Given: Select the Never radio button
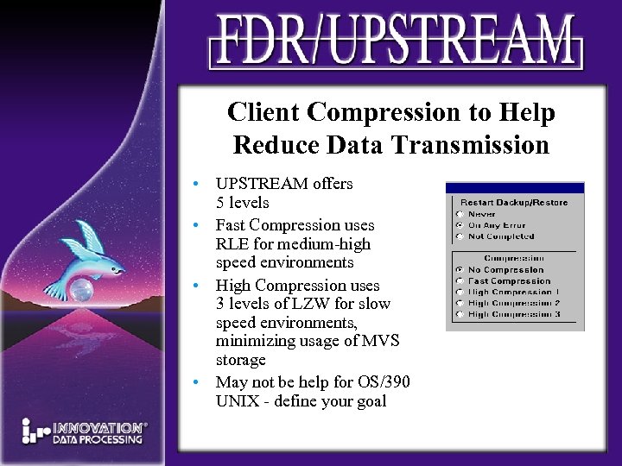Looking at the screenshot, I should click(460, 214).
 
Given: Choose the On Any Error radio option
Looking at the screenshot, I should click(460, 225).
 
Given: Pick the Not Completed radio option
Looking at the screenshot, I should click(460, 236).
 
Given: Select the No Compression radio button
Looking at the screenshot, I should click(460, 270).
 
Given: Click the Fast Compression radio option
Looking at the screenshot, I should click(460, 281).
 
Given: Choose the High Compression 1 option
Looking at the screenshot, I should click(460, 293).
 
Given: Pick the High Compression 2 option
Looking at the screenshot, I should click(460, 304).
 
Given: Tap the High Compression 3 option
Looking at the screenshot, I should click(460, 315).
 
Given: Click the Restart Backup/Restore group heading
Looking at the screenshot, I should click(514, 203).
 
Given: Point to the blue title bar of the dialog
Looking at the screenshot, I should click(515, 187).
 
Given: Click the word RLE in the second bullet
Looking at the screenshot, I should click(231, 244).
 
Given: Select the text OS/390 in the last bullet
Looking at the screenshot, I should click(382, 381).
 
